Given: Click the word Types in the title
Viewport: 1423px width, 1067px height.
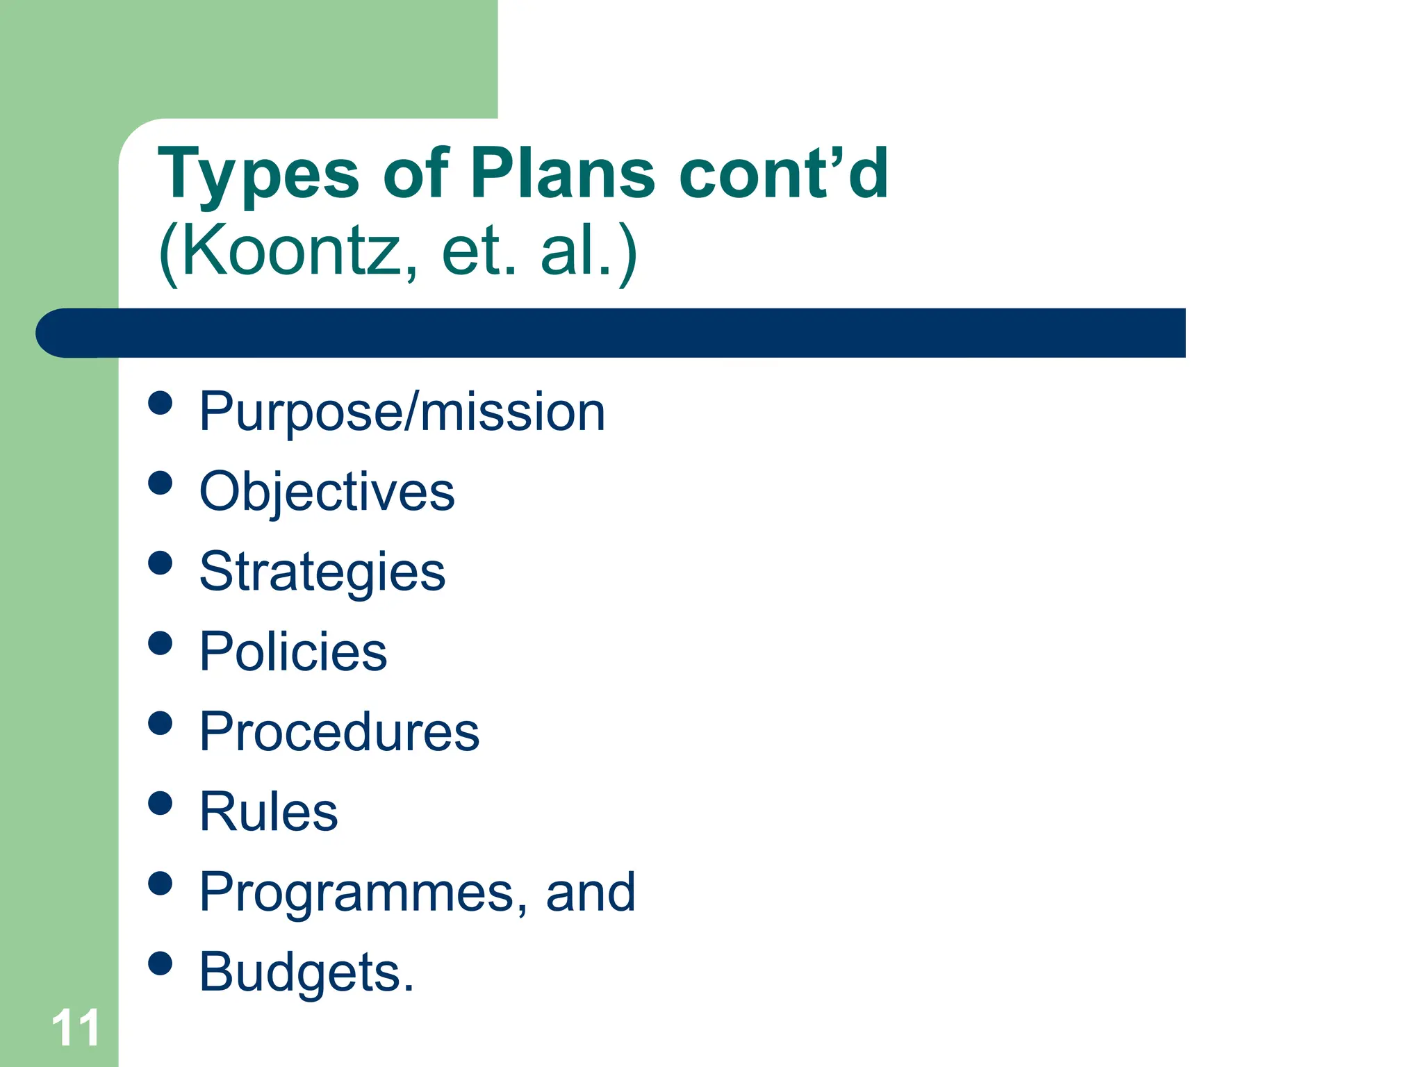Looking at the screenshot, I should [258, 174].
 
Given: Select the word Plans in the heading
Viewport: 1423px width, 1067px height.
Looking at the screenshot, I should [563, 174].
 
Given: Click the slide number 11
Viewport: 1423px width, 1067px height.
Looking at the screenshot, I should [75, 1028].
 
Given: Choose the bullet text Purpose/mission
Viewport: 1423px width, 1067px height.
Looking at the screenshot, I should [402, 412].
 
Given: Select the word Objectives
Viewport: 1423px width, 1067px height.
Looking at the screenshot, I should [327, 492].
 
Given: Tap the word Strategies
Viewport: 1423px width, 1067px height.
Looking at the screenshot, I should [322, 572].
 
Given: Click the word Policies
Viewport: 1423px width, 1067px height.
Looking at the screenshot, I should [293, 652].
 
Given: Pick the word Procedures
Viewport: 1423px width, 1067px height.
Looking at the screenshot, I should [339, 732].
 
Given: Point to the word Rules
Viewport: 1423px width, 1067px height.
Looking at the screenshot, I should [268, 811].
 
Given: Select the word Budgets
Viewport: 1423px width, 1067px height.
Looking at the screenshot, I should [306, 972].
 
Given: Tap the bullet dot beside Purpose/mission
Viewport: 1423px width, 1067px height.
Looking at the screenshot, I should [161, 403].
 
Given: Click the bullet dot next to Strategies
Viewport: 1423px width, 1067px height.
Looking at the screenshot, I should [161, 563].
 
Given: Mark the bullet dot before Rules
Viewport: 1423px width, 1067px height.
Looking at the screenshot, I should [161, 803].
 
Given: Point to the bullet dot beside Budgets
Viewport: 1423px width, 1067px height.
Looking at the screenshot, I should [161, 963].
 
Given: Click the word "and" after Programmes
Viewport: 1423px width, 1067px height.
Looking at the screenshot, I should [591, 892].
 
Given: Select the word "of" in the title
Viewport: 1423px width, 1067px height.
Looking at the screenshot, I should [416, 174].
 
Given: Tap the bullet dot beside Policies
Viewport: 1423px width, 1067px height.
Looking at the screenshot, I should [161, 643].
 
